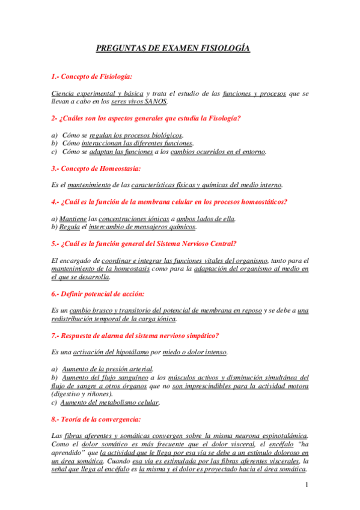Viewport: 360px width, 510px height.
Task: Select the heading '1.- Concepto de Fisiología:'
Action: point(91,77)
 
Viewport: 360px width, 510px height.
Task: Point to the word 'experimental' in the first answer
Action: point(94,94)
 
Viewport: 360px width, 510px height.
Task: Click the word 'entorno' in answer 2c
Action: point(252,152)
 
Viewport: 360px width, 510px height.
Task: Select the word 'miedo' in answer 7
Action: point(173,352)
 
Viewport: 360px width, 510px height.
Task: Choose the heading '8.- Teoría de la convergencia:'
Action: point(97,419)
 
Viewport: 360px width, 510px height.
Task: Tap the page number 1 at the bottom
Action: point(307,485)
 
